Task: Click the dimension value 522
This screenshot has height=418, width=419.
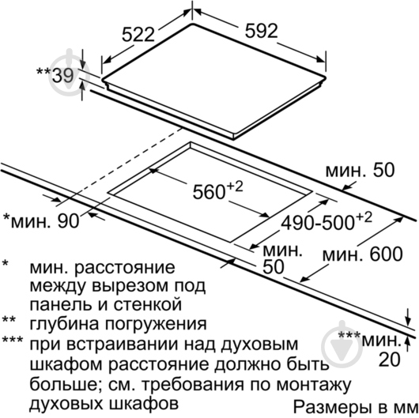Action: [138, 35]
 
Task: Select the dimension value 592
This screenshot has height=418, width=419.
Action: [262, 31]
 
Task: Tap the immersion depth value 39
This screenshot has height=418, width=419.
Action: [62, 76]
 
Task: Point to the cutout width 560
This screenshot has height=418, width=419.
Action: [209, 192]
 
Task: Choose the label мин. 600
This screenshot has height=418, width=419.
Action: [362, 254]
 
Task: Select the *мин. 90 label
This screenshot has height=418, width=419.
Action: [41, 221]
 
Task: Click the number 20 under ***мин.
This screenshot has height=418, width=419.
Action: [390, 360]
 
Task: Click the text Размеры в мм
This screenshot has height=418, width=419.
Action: [356, 407]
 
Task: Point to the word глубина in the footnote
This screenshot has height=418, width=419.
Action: [65, 324]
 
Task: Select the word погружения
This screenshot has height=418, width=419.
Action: [156, 325]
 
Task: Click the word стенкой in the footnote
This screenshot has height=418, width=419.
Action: [148, 304]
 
